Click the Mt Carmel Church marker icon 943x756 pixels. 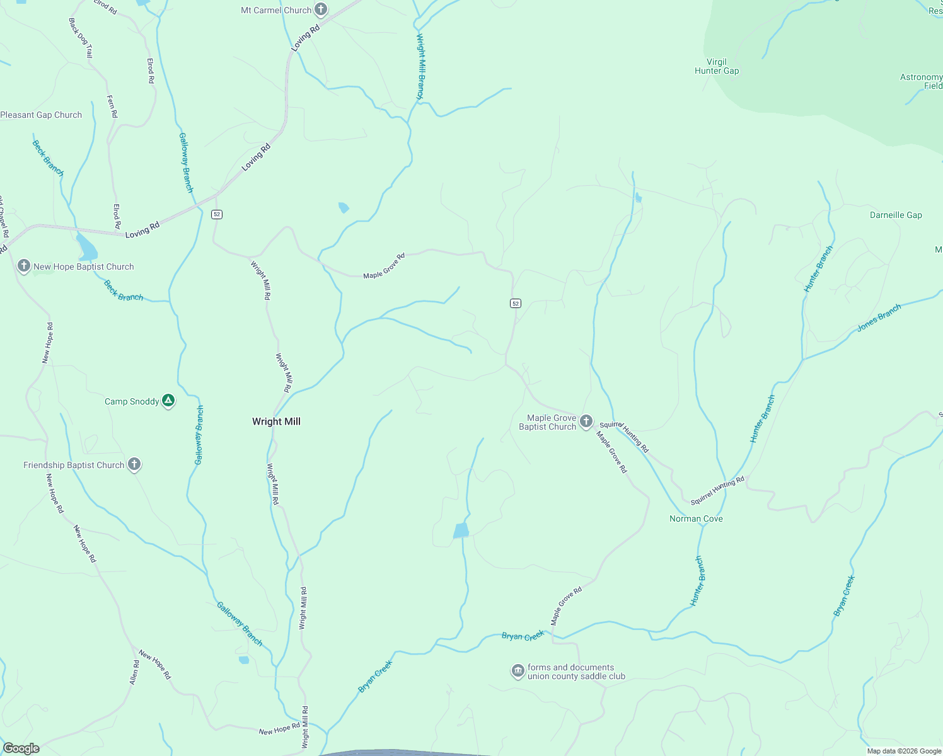pos(321,9)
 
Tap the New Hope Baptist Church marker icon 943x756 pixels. pos(24,266)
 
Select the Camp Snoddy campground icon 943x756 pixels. pos(168,401)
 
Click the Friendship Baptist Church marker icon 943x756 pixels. pos(134,465)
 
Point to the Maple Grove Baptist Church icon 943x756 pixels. pos(586,421)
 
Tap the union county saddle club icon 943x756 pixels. pos(518,671)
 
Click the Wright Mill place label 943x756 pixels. pos(276,421)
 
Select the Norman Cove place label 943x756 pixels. pos(696,518)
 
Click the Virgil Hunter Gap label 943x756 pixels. pos(717,66)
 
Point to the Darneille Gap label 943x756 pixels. pos(896,215)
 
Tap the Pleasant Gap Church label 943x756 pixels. pos(41,115)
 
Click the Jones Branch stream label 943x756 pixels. pos(879,318)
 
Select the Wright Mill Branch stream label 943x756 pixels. pos(420,66)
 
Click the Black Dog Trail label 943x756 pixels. pos(81,38)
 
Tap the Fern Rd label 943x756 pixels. pos(112,106)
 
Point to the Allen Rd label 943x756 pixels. pos(134,673)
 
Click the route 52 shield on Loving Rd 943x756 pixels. pos(217,214)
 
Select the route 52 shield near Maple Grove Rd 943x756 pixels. pos(516,303)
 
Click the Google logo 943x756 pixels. pos(21,748)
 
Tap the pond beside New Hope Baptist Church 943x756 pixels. pos(86,248)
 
